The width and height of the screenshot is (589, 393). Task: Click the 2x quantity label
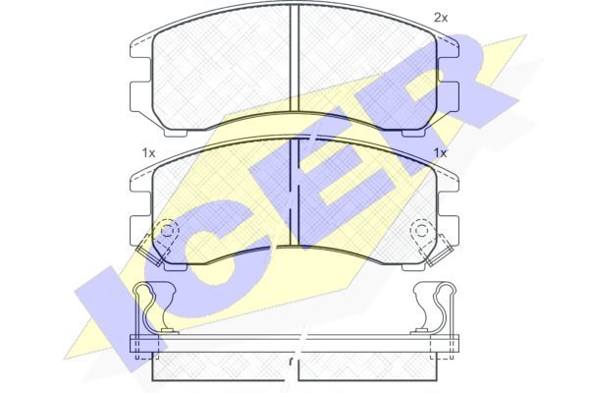click(441, 18)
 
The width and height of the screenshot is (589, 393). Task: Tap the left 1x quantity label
click(148, 153)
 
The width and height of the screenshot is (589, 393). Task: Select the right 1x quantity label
click(440, 153)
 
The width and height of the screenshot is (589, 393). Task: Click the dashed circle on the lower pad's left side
click(168, 229)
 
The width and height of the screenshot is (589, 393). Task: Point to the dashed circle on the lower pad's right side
click(421, 229)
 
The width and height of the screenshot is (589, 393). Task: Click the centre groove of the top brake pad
click(294, 58)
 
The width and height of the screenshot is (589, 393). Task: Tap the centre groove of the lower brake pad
click(294, 193)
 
